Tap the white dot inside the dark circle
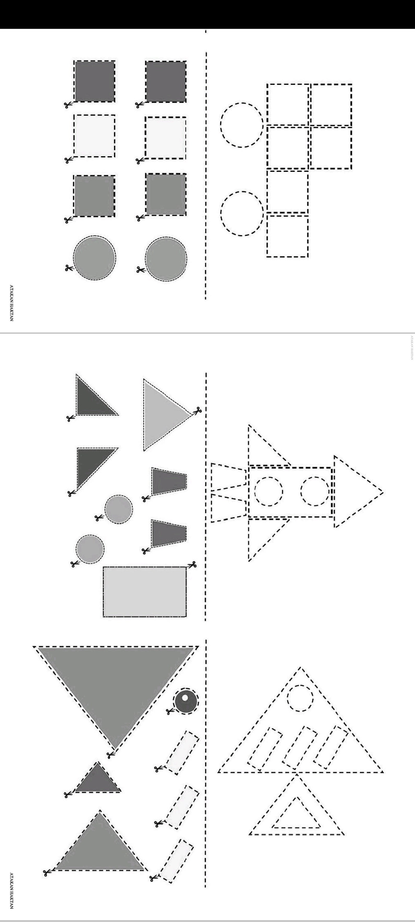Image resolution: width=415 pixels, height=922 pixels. pos(185,697)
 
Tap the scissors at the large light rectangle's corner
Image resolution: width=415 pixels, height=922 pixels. pos(192,564)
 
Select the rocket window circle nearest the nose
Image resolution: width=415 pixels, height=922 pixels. pos(315,491)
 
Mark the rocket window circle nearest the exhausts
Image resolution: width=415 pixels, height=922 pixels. pos(269,491)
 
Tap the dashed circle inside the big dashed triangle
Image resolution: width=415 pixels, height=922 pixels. pos(300,698)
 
